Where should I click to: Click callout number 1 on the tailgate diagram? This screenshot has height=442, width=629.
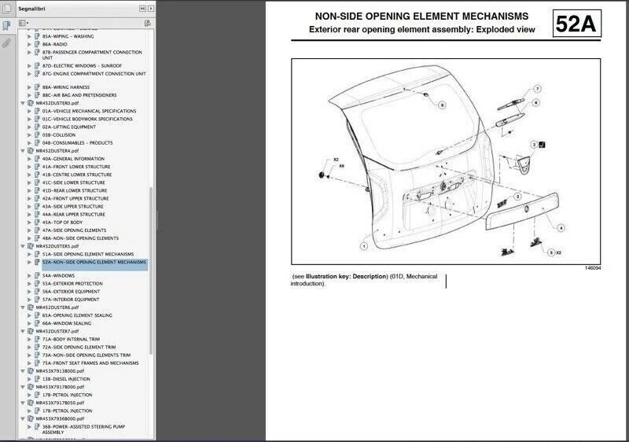364,245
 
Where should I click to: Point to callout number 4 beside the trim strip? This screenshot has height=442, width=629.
561,228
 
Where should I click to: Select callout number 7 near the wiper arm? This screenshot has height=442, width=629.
538,88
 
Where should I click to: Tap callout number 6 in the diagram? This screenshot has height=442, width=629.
535,102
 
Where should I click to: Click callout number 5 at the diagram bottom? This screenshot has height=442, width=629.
550,252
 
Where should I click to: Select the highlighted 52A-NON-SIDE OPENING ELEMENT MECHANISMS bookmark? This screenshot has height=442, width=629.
94,263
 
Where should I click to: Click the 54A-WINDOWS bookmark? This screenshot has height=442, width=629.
59,276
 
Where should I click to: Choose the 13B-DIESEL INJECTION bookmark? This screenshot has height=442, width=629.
67,379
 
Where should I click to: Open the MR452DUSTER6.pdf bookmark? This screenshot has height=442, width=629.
57,308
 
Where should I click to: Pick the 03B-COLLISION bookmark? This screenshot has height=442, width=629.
59,134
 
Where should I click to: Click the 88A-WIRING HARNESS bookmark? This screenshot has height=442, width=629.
66,87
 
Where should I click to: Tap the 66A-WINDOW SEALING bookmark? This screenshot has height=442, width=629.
67,323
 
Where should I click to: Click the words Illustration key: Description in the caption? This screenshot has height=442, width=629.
348,277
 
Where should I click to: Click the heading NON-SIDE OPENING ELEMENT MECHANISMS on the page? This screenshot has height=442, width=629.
421,17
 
